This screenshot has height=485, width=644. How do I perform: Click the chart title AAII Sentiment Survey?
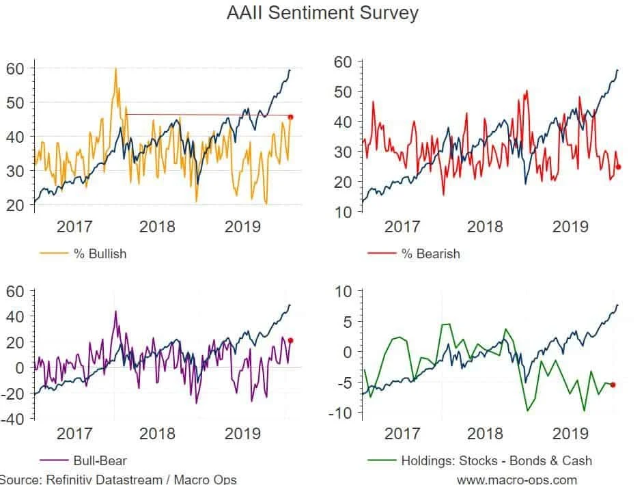(x=322, y=12)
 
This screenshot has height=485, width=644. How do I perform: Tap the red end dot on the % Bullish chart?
(x=291, y=117)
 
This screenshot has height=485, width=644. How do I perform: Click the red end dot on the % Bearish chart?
(x=619, y=167)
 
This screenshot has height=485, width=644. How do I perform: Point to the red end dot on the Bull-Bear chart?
(x=290, y=340)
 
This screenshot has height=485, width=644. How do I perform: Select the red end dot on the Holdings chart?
(x=613, y=385)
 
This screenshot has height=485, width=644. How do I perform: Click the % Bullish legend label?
(x=100, y=253)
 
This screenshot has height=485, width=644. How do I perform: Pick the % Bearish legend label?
(x=430, y=253)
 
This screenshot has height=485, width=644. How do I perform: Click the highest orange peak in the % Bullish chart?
(x=115, y=68)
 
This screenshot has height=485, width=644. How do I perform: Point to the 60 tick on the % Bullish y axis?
(x=16, y=68)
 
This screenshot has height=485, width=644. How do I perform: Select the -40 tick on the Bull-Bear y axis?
(x=13, y=418)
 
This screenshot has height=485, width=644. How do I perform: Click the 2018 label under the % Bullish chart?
(x=158, y=226)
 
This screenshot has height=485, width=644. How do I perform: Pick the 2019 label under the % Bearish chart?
(x=570, y=226)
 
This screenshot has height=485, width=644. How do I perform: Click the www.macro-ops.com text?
(x=517, y=480)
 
